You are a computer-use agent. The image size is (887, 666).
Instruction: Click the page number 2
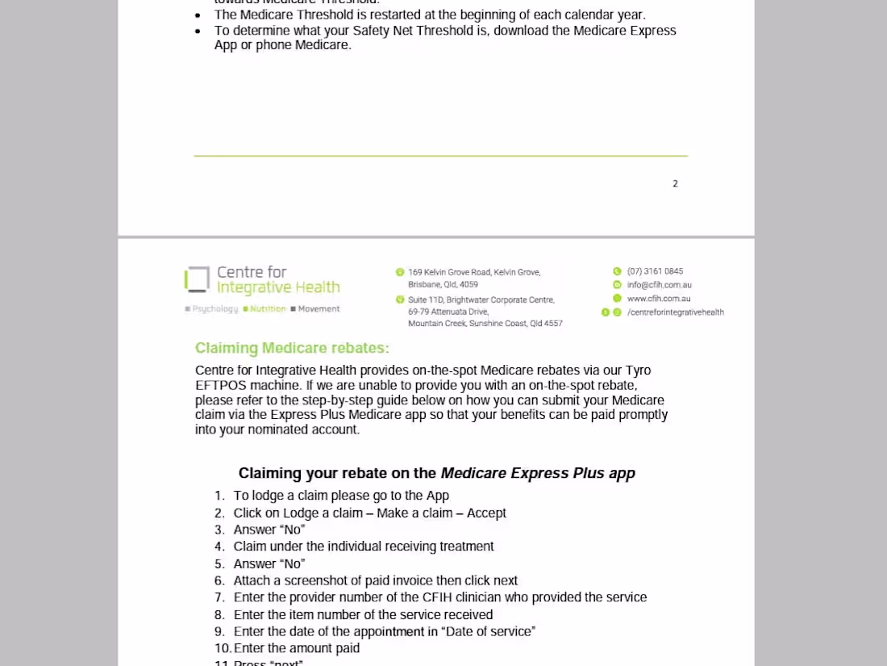coord(675,184)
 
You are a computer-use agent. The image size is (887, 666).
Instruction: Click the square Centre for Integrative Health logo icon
coord(197,280)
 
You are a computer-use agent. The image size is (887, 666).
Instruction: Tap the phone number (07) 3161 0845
coord(655,271)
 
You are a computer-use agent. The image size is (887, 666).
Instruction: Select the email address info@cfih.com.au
coord(659,285)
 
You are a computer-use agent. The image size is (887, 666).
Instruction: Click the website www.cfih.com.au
coord(658,299)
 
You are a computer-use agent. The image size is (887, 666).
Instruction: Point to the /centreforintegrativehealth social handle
coord(675,312)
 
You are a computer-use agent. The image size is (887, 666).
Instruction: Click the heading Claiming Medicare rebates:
coord(292,349)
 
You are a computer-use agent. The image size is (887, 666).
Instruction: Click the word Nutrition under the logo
coord(268,309)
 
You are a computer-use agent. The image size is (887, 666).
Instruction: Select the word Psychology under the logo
coord(214,309)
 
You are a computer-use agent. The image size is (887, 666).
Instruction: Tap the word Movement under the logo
coord(319,309)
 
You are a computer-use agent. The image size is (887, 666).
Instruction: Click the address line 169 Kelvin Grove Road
coord(474,272)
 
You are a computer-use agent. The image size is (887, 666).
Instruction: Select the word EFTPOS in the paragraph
coord(222,386)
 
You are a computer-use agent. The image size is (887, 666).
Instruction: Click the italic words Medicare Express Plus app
coord(538,473)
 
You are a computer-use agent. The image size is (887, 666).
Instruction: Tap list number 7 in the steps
coord(219,598)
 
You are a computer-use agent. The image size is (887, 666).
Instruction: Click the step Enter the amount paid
coord(296,648)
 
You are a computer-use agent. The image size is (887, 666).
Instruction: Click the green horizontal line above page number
coord(440,156)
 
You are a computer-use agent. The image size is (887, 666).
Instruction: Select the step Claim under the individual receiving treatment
coord(363,547)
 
